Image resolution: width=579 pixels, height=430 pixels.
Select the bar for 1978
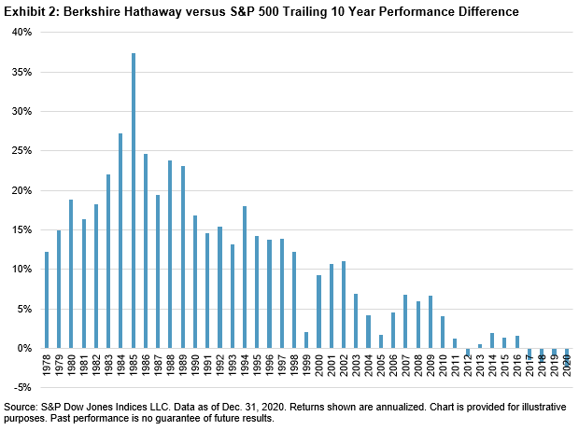pyautogui.click(x=46, y=299)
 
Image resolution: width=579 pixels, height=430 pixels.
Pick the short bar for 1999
pyautogui.click(x=306, y=340)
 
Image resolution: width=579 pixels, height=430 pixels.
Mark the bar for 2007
pyautogui.click(x=405, y=321)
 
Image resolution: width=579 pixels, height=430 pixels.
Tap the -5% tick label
pyautogui.click(x=21, y=388)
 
